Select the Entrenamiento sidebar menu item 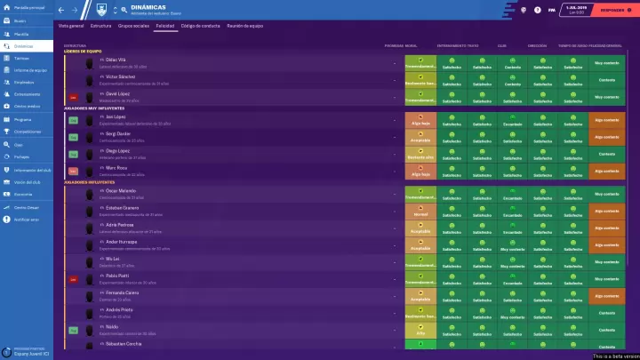pyautogui.click(x=28, y=93)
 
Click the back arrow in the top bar pyautogui.click(x=61, y=9)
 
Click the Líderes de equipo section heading pyautogui.click(x=83, y=51)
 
